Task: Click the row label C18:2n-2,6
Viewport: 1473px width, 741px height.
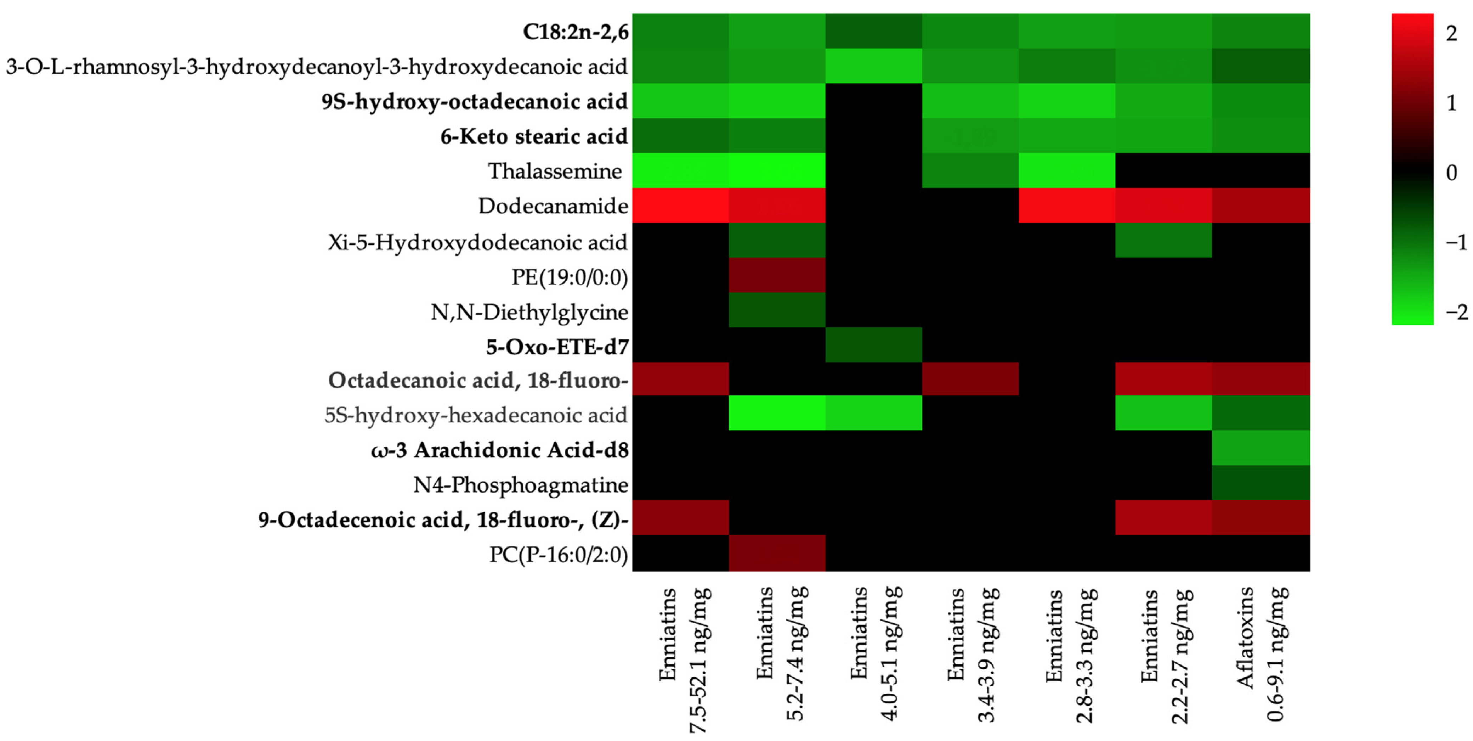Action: pos(575,32)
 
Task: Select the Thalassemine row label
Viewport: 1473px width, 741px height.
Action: pos(555,171)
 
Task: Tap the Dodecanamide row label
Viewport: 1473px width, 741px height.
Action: pos(553,206)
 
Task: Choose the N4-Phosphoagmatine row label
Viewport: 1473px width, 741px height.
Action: pos(520,485)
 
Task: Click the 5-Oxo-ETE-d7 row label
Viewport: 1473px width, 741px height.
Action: pos(557,347)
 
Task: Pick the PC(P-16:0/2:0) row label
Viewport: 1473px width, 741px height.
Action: pos(558,555)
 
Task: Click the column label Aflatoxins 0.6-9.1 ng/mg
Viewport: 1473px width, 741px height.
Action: pos(1261,652)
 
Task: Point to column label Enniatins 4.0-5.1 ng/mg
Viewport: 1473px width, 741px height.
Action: pos(875,652)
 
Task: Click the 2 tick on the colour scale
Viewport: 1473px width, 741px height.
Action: pos(1451,34)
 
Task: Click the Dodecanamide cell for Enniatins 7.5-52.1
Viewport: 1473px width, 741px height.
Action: pos(680,206)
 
